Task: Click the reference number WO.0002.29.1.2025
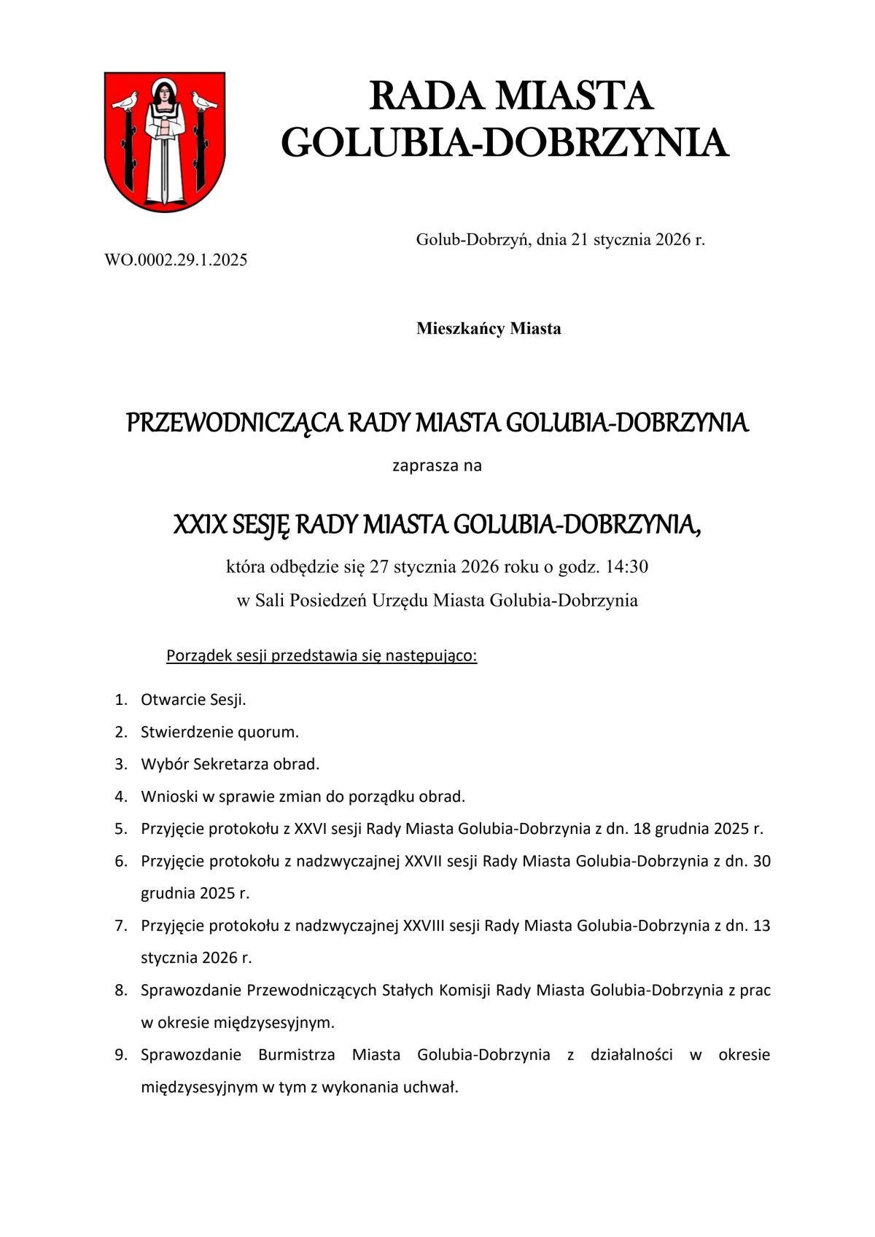[176, 260]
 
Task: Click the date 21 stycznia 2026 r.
[638, 239]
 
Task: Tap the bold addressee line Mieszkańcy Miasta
[489, 329]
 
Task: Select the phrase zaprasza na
[437, 465]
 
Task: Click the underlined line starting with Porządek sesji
[322, 655]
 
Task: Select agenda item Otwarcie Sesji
[193, 700]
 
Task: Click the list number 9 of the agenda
[120, 1055]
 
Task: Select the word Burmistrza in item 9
[296, 1055]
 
